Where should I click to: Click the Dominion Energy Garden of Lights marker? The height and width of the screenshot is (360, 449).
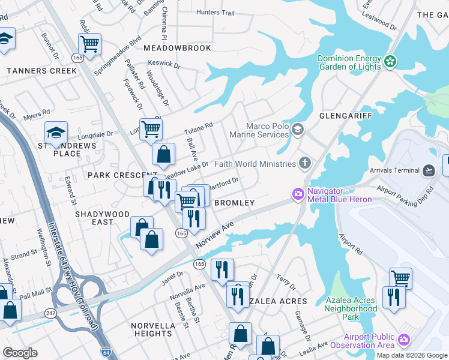pos(391,61)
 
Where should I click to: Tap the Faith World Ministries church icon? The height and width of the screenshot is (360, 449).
pos(305,163)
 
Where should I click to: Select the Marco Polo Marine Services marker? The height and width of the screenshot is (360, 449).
pos(297,130)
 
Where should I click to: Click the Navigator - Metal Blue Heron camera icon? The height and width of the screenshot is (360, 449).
pos(298,194)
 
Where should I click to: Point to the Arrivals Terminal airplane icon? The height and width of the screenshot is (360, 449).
pos(429,170)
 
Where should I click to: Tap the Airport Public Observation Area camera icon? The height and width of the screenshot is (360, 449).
pos(403,340)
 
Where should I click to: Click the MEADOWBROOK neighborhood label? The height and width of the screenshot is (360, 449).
pos(177,48)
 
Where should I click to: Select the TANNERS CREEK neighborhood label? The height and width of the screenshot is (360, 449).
pos(41,71)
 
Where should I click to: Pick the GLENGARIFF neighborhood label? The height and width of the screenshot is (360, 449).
pos(346,115)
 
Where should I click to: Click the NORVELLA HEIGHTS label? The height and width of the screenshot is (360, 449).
pos(153,329)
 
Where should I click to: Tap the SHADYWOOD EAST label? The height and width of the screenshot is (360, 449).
pos(102,218)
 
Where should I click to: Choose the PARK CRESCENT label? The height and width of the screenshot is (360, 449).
pos(114,175)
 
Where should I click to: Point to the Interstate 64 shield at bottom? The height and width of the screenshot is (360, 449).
pos(106,352)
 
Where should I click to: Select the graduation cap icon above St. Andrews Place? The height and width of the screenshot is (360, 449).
pos(56,132)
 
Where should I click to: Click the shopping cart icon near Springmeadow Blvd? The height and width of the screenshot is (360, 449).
pos(89,43)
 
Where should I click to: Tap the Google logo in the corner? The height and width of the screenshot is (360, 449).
pos(20,353)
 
